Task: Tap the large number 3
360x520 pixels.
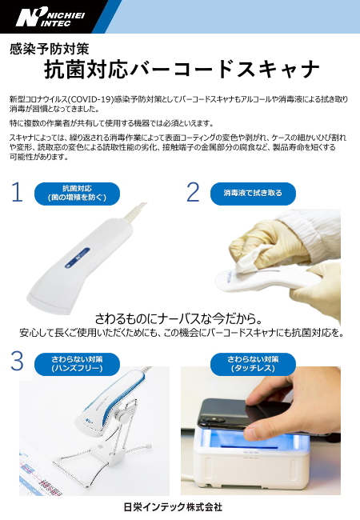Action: click(17, 361)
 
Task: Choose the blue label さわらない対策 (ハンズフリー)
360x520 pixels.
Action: click(77, 364)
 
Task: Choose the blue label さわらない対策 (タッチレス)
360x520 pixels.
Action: click(253, 364)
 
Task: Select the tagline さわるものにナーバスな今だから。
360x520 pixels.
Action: click(180, 318)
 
